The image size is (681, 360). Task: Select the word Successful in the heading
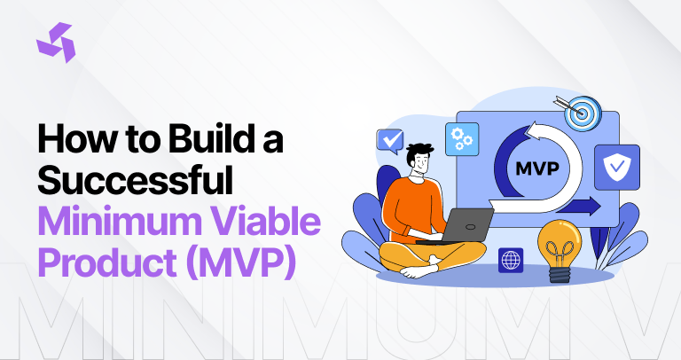135,181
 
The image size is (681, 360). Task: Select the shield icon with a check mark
617,168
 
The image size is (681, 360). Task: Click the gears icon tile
462,139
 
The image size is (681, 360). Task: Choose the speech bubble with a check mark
389,140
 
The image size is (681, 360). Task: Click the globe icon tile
511,259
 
